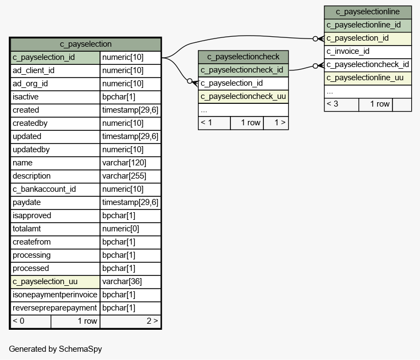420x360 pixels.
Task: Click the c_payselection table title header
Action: pos(85,44)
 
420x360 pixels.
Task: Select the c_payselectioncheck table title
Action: pos(243,57)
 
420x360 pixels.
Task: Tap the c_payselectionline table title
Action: pos(368,12)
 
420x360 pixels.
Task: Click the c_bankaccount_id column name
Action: pos(44,189)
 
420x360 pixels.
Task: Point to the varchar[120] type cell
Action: pos(124,163)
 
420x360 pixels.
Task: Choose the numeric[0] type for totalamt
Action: pos(120,229)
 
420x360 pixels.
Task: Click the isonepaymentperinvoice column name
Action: pos(55,295)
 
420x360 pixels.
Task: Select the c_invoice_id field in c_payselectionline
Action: pos(348,51)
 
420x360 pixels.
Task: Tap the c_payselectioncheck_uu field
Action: pos(243,96)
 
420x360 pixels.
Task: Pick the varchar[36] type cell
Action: pos(122,281)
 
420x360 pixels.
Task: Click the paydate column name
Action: pos(27,202)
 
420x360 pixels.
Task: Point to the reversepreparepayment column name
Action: pos(54,308)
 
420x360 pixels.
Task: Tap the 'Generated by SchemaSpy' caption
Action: pos(56,349)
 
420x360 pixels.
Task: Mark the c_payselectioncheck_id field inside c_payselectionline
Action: pos(368,64)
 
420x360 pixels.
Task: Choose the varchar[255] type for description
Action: pos(124,176)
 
